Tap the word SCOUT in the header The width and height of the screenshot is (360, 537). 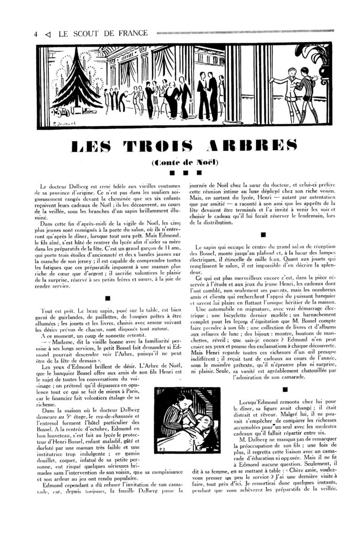84,34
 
